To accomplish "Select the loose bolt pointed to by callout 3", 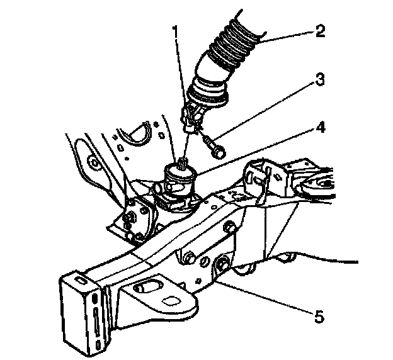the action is (217, 150).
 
